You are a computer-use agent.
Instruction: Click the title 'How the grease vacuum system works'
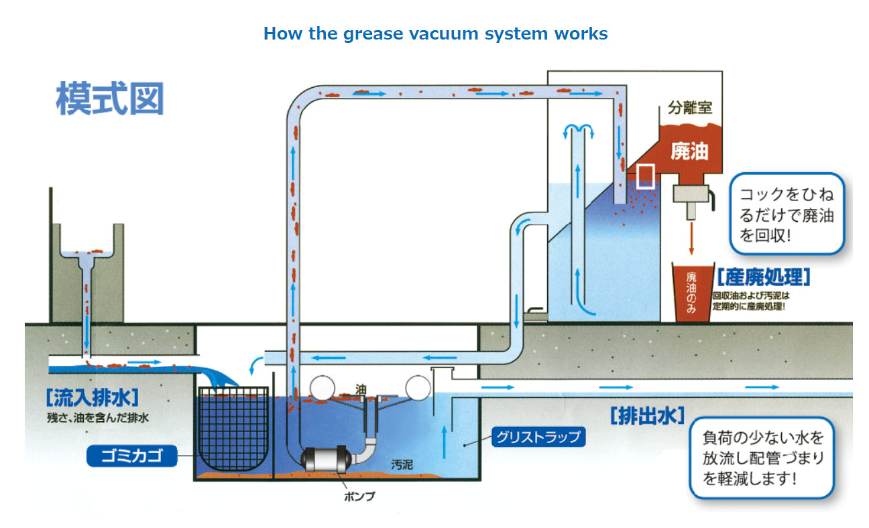click(435, 34)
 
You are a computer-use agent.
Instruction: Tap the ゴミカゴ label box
click(131, 457)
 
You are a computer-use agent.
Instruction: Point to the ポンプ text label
click(360, 497)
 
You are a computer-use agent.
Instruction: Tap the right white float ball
click(418, 387)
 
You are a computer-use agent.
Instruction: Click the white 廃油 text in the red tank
click(689, 151)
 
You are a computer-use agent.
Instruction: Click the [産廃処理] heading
click(764, 276)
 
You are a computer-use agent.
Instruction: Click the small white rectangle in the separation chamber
click(645, 176)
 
